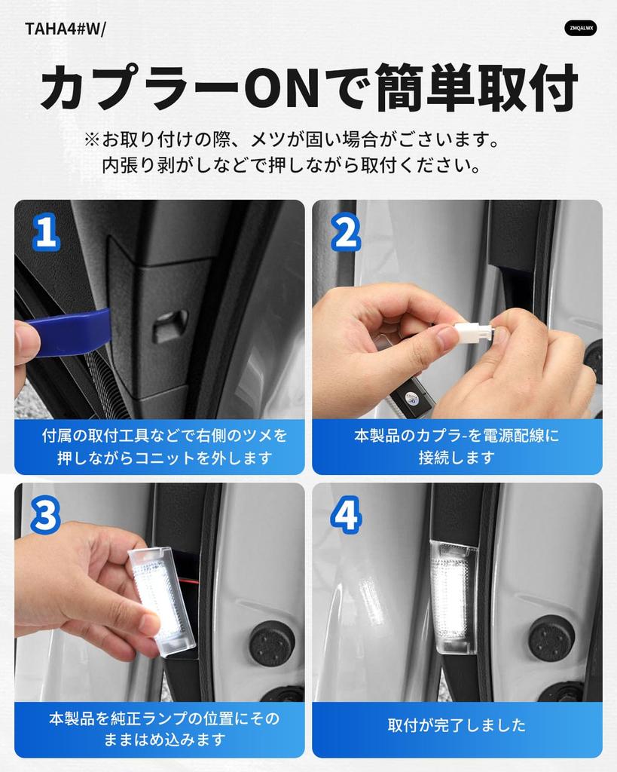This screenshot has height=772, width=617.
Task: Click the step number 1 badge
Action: coord(46,232)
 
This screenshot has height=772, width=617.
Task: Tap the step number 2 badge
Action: coord(345,232)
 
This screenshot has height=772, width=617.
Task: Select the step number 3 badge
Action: coord(46,514)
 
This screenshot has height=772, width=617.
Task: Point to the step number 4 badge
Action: coord(346,514)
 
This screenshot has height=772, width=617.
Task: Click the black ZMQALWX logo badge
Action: coord(581,28)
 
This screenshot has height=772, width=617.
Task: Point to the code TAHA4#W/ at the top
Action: coord(65,29)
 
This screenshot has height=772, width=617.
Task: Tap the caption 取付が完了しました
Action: coord(457,725)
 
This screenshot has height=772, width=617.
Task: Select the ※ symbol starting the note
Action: coord(92,139)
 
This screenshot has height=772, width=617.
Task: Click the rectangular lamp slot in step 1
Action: coord(170,326)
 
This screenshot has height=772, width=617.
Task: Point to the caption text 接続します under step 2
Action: coord(457,458)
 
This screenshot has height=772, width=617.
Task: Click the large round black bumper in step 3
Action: coord(272,644)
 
